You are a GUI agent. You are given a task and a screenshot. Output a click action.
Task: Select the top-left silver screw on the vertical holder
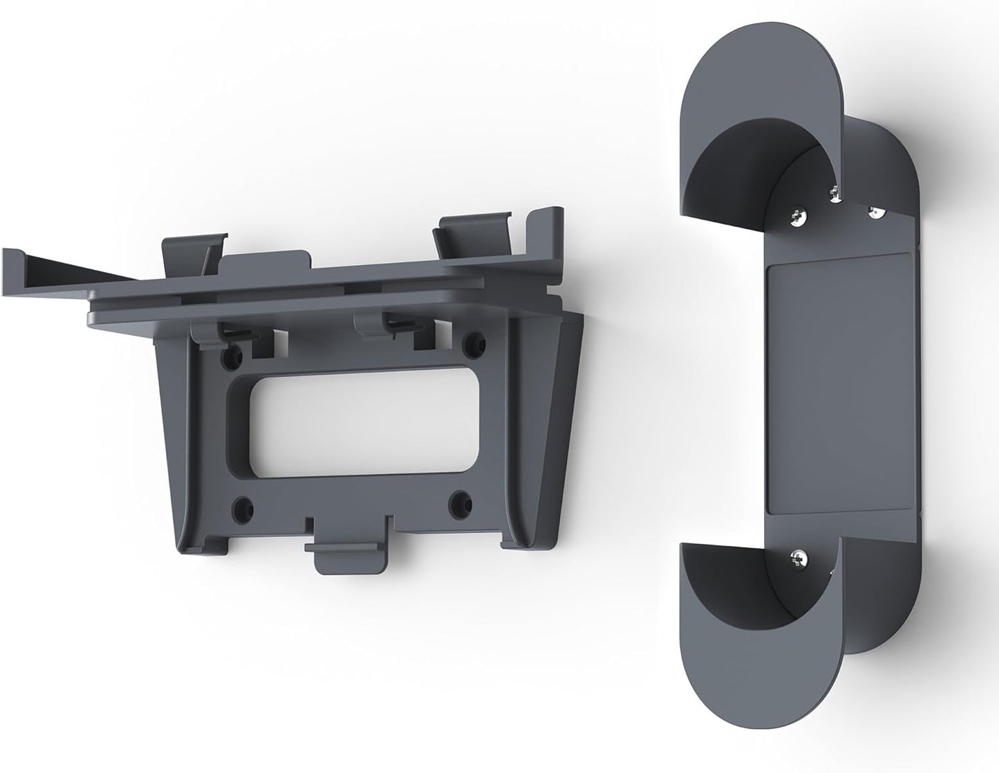click(798, 219)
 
